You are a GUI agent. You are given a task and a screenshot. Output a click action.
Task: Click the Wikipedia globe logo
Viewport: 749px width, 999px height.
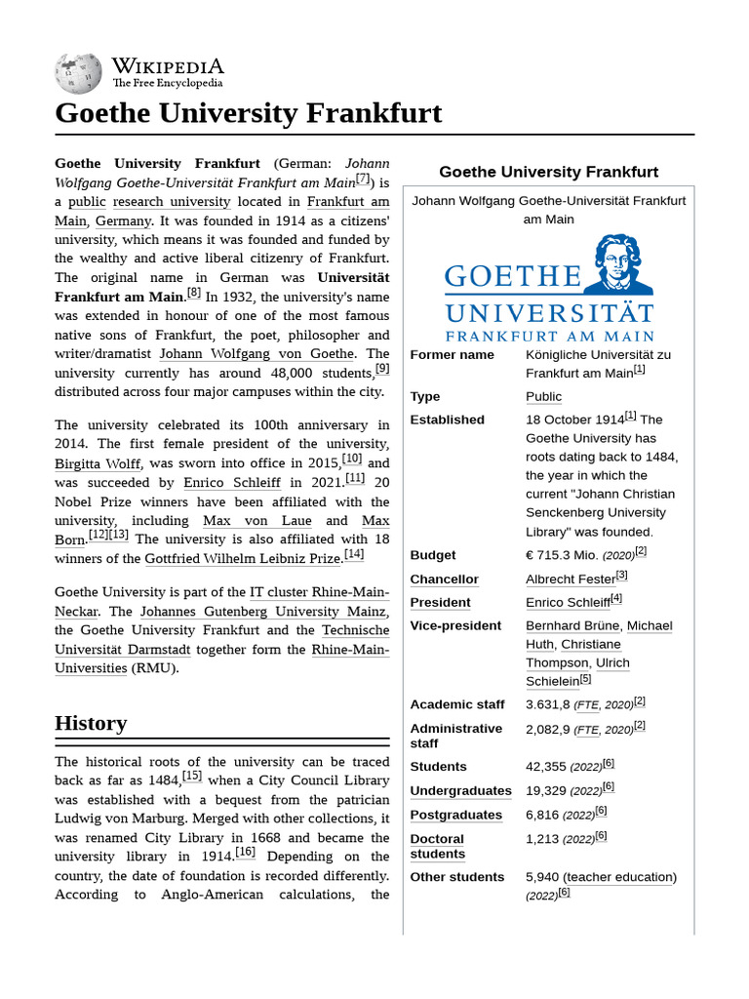tap(78, 73)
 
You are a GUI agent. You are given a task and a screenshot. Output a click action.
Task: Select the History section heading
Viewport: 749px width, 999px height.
tap(91, 723)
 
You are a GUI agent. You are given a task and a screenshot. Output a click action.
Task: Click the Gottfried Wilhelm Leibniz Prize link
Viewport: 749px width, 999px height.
tap(244, 558)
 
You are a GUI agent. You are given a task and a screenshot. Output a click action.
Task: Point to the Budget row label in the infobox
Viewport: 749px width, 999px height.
tap(432, 555)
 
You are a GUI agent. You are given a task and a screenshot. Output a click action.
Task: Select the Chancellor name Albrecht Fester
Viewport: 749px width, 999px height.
tap(571, 579)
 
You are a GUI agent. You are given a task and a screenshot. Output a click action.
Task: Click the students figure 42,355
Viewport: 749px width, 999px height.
tap(545, 767)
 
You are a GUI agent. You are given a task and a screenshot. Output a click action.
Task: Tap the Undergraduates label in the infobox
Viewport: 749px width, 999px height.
tap(460, 791)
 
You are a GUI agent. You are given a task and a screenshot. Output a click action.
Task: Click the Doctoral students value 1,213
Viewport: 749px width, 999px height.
tap(542, 839)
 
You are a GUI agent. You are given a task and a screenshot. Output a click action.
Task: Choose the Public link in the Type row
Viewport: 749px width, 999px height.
tap(543, 397)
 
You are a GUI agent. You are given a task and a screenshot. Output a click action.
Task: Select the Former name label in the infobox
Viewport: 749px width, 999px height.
tap(452, 355)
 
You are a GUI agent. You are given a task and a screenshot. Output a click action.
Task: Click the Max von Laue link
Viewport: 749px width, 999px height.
tap(257, 521)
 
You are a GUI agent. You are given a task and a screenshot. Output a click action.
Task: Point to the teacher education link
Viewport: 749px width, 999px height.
tap(619, 877)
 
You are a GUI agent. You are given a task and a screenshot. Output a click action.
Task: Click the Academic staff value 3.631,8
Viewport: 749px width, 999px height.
tap(548, 704)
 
